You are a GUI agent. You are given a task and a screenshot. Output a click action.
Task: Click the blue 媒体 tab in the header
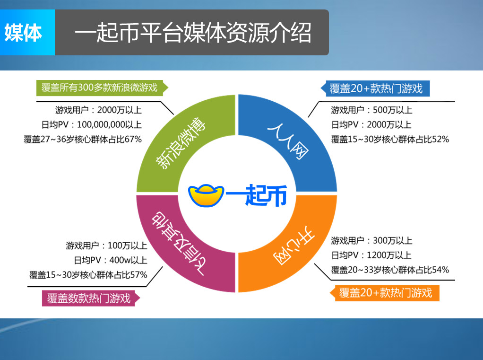click(27, 32)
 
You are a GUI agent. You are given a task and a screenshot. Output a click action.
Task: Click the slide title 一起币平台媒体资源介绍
click(193, 33)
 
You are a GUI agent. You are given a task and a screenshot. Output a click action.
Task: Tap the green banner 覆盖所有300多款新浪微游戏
click(102, 88)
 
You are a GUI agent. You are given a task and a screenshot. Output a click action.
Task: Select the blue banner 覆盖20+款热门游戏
click(375, 89)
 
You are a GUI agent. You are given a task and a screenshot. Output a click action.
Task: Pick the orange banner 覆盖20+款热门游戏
click(385, 293)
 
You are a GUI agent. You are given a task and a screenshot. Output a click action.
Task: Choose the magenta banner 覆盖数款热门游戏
click(91, 299)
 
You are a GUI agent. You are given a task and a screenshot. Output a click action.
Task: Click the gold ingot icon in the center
click(206, 195)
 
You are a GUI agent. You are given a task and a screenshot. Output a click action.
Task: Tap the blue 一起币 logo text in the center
click(257, 195)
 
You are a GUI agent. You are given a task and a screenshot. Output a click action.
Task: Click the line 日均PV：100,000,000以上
click(92, 124)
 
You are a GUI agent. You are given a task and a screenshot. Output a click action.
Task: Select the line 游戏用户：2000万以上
click(98, 110)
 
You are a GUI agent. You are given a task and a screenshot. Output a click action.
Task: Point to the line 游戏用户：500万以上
click(371, 110)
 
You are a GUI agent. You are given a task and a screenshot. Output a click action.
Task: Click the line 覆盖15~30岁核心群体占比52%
click(390, 139)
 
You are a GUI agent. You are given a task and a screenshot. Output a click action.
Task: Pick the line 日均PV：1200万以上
click(371, 255)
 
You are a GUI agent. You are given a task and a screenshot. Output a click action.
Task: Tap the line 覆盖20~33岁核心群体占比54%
click(390, 270)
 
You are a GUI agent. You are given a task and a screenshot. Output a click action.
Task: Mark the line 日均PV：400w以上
click(110, 260)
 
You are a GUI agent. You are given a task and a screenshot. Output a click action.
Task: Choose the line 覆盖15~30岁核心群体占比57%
click(88, 275)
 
